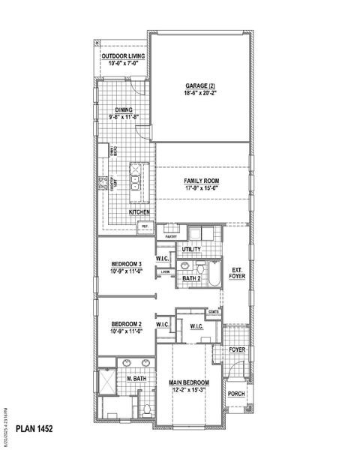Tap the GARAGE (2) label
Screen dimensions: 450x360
tap(199, 85)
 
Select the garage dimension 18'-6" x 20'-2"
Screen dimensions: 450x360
tap(199, 93)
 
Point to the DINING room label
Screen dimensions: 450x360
tap(123, 109)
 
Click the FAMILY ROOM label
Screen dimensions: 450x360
tap(202, 181)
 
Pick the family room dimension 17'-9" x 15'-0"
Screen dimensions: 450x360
tap(202, 188)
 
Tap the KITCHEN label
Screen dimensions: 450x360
tap(139, 212)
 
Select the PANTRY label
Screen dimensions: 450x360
tap(171, 235)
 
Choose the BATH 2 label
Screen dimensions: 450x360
tap(192, 279)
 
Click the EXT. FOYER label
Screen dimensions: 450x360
tap(237, 273)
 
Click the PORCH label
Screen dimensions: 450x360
tap(236, 393)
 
